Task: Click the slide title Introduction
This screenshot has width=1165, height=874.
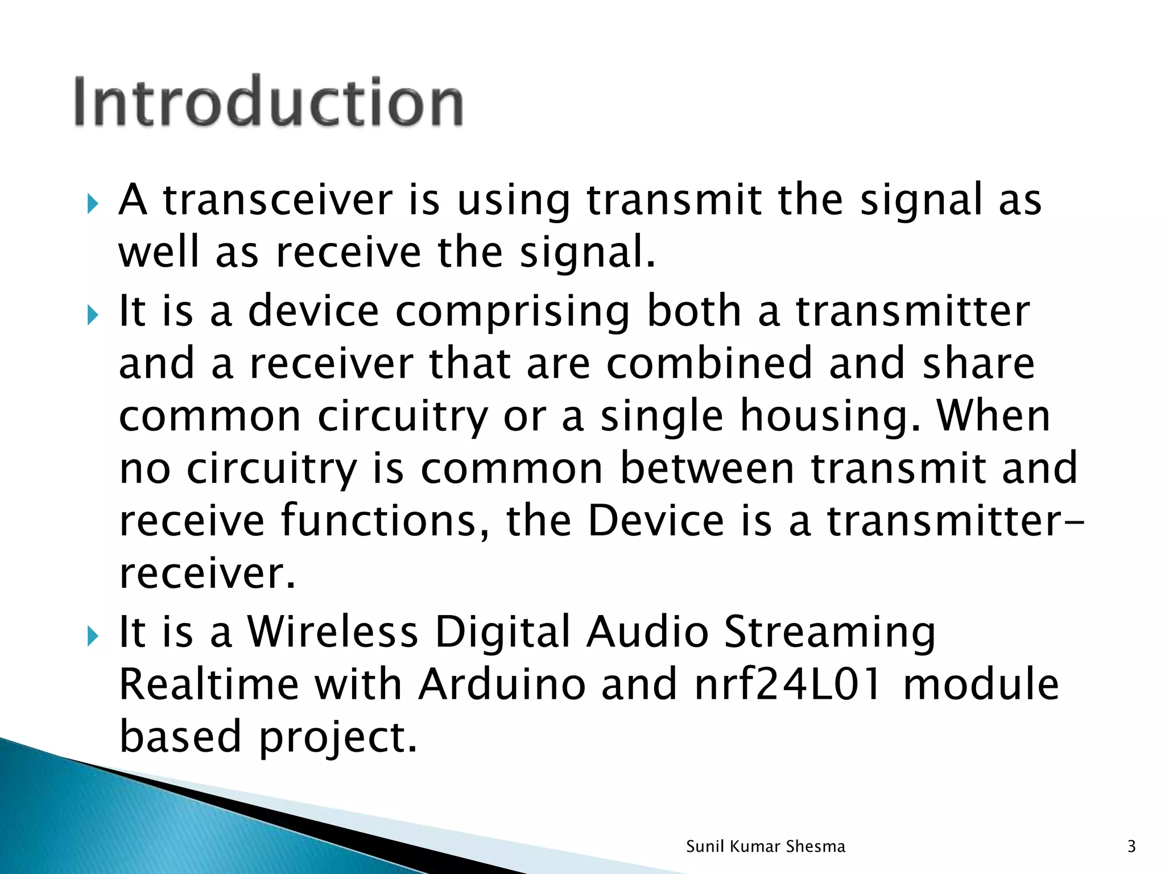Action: click(268, 101)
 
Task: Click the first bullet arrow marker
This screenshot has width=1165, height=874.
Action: click(93, 204)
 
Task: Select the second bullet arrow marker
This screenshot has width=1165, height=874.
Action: click(93, 315)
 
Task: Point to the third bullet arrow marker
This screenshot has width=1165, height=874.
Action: click(93, 636)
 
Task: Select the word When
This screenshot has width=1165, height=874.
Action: click(993, 415)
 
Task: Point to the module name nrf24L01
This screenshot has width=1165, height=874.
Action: click(787, 685)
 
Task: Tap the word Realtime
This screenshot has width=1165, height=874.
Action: click(208, 685)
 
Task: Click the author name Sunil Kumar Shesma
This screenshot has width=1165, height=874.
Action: click(765, 847)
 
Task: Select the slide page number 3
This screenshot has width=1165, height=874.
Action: click(1131, 847)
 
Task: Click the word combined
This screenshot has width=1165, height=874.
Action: click(709, 364)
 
